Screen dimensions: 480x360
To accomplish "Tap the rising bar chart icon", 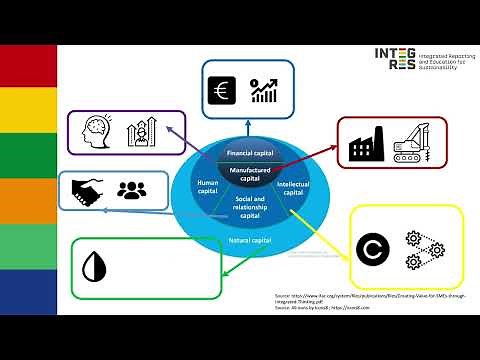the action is click(x=264, y=91).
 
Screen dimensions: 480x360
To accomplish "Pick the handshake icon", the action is click(x=87, y=188).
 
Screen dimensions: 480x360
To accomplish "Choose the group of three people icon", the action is click(x=130, y=189).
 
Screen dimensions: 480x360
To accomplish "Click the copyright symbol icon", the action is click(x=369, y=247).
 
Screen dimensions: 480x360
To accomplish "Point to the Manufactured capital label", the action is click(x=251, y=174).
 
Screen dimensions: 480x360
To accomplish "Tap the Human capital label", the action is click(x=208, y=187).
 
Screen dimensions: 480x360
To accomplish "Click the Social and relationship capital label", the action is click(x=250, y=207).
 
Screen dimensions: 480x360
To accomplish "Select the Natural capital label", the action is click(x=250, y=240).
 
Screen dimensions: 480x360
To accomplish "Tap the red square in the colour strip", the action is click(x=28, y=65).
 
